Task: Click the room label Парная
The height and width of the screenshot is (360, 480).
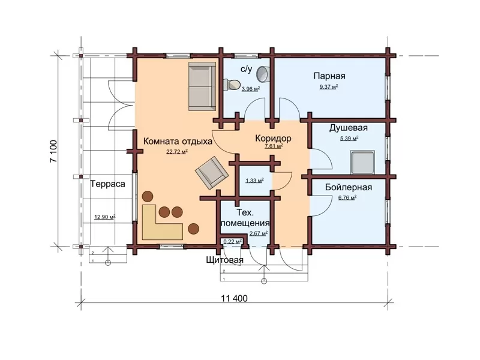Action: [329, 76]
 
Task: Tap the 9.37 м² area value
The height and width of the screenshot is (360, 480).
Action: [329, 86]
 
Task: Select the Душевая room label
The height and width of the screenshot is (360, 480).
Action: [349, 128]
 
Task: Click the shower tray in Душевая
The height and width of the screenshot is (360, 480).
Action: [363, 162]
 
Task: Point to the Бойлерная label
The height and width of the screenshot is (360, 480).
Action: [349, 187]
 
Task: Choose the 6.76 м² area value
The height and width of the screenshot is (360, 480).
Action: [347, 198]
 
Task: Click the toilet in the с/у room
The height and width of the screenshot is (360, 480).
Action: [232, 84]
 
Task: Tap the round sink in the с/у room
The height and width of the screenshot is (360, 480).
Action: [262, 74]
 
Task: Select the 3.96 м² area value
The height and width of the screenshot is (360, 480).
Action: [251, 89]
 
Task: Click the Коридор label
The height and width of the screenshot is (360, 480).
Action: [273, 139]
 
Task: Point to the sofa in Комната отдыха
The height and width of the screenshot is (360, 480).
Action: [202, 86]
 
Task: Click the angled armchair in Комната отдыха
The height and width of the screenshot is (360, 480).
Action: [212, 173]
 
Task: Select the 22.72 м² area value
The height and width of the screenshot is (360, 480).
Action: [177, 152]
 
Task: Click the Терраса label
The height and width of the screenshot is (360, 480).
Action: [108, 184]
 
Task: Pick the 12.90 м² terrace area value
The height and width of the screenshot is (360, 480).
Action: [104, 217]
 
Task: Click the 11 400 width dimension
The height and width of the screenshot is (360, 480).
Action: [234, 298]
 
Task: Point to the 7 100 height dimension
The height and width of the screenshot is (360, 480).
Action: [53, 151]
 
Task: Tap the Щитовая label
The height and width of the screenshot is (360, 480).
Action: [224, 260]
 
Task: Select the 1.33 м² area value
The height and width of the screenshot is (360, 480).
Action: [254, 181]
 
